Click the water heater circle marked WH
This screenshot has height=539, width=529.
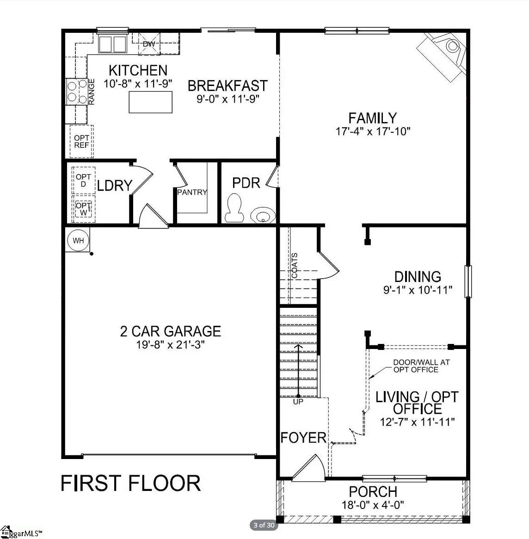[x=78, y=240]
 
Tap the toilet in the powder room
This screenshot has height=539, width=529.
[x=234, y=208]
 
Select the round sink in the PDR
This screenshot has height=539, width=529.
[x=263, y=215]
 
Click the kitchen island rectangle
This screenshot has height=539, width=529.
[x=151, y=102]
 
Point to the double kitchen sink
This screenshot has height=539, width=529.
[x=112, y=43]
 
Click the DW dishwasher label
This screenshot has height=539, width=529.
[x=149, y=44]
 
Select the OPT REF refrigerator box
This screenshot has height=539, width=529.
[x=81, y=141]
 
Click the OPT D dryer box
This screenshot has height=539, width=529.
[x=83, y=180]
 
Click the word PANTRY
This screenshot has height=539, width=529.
[x=192, y=192]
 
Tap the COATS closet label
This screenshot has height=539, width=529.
[x=295, y=266]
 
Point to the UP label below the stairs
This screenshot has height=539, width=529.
[x=298, y=402]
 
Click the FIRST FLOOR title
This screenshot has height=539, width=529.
[x=131, y=483]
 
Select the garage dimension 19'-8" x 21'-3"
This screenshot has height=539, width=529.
[x=171, y=344]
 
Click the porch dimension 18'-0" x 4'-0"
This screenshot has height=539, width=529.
[x=373, y=505]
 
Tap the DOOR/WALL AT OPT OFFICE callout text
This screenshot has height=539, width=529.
[x=421, y=366]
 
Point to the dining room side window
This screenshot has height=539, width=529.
[x=468, y=282]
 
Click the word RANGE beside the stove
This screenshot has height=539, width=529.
[x=92, y=92]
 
